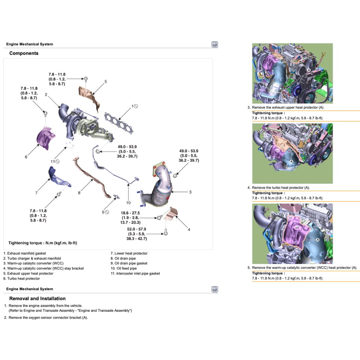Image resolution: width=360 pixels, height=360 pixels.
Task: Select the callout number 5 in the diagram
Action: point(105,82)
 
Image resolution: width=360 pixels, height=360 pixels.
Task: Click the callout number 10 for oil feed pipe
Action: point(128,203)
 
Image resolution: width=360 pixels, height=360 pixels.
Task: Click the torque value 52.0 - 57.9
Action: point(137,229)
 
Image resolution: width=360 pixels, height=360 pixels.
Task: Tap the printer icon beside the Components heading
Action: point(214,44)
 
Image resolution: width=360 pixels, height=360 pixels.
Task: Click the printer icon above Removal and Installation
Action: point(214,289)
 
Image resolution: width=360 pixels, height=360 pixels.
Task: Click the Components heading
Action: point(24,53)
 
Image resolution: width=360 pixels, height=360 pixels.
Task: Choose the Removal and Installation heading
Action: point(37,298)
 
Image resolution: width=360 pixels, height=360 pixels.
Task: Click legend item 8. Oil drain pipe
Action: point(123,258)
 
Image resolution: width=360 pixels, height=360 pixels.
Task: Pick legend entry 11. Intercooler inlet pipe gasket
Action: point(135,274)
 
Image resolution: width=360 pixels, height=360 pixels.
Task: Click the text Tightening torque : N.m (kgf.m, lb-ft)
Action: point(43,243)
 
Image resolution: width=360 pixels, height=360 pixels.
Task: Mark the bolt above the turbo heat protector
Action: point(45,112)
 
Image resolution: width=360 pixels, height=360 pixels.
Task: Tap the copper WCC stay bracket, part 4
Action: point(173,212)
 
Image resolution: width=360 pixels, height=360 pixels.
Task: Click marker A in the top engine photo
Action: point(309,71)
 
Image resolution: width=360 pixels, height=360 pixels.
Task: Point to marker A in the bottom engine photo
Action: point(317,240)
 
